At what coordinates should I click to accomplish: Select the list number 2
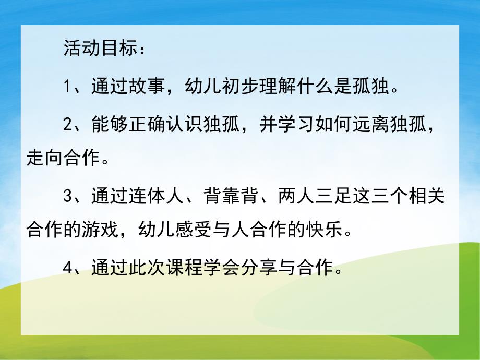(x=68, y=125)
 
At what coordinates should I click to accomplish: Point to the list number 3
(x=68, y=197)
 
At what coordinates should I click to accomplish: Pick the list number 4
(x=68, y=269)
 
